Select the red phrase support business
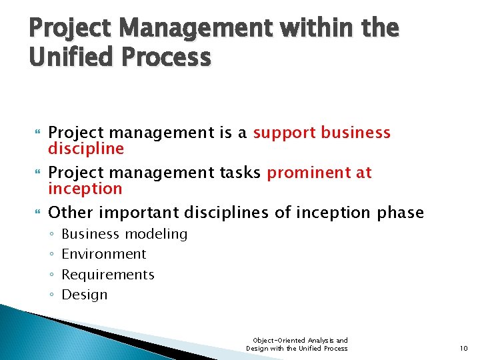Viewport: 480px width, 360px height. (321, 133)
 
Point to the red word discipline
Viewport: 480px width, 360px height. (86, 148)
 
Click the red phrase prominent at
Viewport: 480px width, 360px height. (319, 173)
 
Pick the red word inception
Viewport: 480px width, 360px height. (85, 188)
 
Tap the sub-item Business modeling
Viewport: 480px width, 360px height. (124, 234)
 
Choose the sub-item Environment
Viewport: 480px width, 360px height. (103, 254)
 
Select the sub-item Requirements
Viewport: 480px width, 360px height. (107, 275)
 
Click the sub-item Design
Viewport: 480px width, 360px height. (84, 295)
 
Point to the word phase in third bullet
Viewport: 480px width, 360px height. (401, 213)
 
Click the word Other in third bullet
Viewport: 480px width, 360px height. (69, 213)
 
